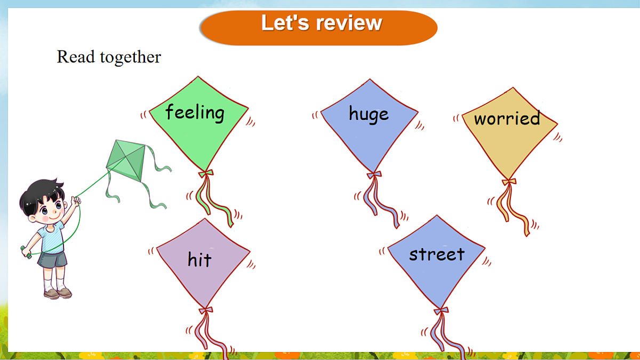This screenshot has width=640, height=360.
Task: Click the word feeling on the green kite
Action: (x=195, y=113)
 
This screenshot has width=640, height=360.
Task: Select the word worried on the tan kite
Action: (x=507, y=118)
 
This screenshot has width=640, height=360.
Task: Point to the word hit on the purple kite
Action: (x=199, y=259)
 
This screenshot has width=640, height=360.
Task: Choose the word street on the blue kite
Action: (x=437, y=254)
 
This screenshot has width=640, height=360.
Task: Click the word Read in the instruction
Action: (x=76, y=57)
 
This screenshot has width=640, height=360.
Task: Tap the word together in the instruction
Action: (x=131, y=57)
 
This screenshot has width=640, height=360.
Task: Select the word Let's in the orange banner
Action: (x=285, y=22)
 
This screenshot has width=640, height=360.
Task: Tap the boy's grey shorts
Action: (x=52, y=260)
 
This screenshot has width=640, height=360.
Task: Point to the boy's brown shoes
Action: (x=58, y=293)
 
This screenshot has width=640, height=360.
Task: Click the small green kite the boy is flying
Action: (x=126, y=160)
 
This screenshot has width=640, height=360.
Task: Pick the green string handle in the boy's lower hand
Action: (x=26, y=252)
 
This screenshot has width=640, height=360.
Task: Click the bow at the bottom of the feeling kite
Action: (x=206, y=173)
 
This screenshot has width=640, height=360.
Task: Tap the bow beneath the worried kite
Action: (x=509, y=181)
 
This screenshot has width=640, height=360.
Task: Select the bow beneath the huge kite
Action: (x=374, y=174)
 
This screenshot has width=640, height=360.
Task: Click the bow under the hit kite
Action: (x=206, y=310)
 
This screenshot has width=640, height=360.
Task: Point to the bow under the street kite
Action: (x=441, y=310)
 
